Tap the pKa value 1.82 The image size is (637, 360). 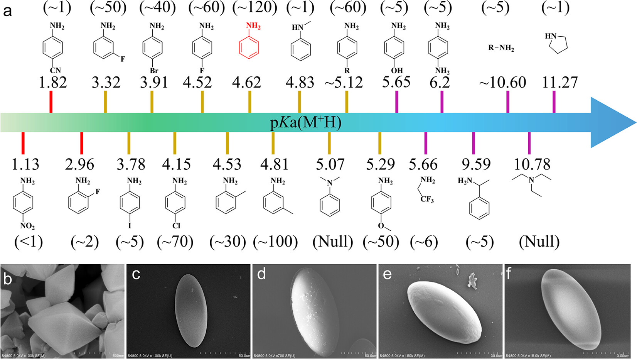coord(53,83)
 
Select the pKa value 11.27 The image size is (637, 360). coord(560,83)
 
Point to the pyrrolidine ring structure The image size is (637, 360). coord(557,42)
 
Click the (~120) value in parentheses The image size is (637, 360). coord(254,8)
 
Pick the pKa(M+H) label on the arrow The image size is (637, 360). coord(305,123)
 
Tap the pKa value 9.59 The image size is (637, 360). coord(476,164)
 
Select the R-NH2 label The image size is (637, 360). coord(501,48)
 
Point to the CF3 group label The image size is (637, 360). coord(427,199)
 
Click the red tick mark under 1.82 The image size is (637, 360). coord(51,103)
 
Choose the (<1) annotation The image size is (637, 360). coord(28,242)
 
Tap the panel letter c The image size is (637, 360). coord(136,274)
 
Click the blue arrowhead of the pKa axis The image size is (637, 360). coord(613,123)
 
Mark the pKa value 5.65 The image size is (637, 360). coord(396,82)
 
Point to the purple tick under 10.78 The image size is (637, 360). coord(529,143)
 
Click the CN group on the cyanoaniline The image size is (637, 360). coord(55,71)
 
